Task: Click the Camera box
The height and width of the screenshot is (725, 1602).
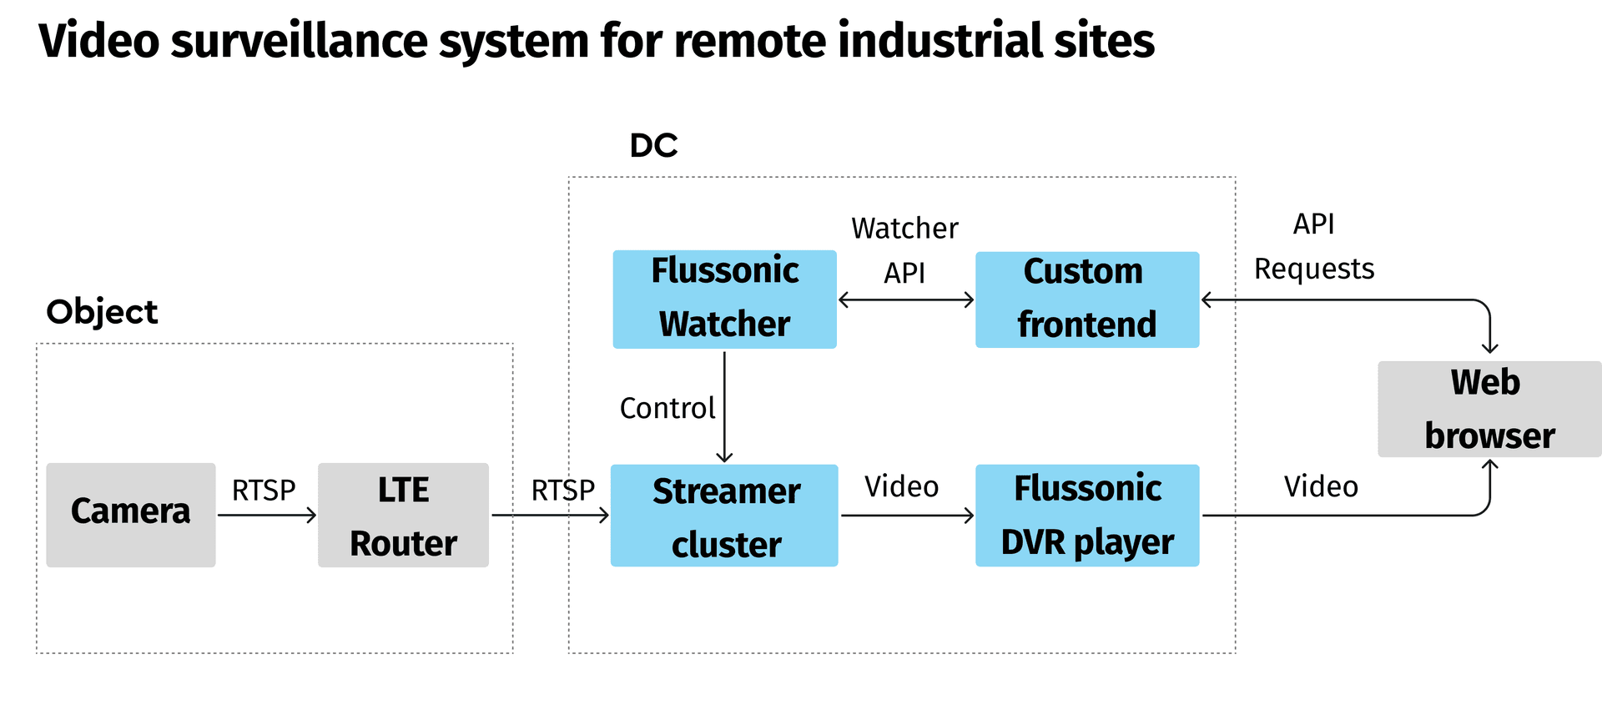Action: coord(131,515)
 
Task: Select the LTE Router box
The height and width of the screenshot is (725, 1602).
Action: coord(403,515)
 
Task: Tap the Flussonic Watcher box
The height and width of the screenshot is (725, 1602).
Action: coord(724,299)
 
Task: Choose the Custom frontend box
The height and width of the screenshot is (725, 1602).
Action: coord(1086,299)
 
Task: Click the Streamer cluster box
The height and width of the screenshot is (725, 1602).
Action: coord(724,515)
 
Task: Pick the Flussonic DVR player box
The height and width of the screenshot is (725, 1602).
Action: coord(1086,515)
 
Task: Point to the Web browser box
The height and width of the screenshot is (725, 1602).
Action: coord(1489,409)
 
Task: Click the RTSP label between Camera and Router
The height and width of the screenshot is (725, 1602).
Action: coord(264,491)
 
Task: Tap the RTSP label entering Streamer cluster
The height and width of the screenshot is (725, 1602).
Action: coord(563,491)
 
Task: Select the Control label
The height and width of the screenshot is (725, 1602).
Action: coord(667,408)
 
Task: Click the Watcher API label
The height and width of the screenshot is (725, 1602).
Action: coord(904,250)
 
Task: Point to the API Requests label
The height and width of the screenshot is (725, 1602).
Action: coord(1313,247)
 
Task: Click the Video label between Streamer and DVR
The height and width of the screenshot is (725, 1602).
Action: coord(901,486)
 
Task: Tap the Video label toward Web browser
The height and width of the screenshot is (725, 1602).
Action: coord(1320,486)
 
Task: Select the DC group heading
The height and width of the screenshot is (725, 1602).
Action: coord(653,146)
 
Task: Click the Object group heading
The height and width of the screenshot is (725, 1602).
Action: coord(102,312)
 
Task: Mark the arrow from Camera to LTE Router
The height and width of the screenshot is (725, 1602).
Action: coord(267,516)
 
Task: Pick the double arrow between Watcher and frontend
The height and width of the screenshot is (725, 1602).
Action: coord(906,300)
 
